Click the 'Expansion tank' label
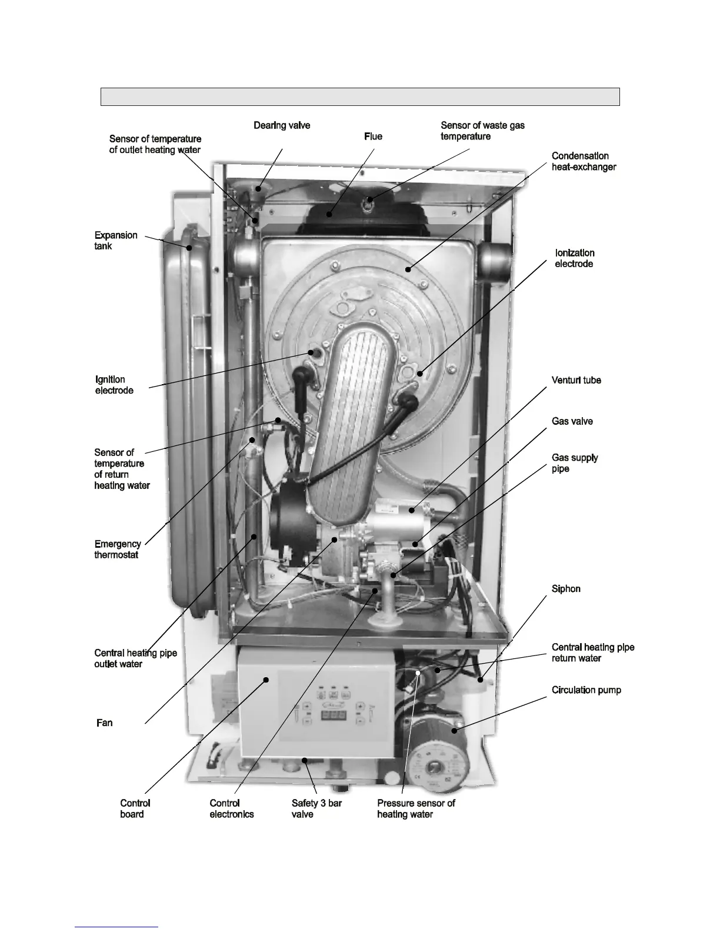pyautogui.click(x=116, y=241)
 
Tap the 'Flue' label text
pyautogui.click(x=373, y=137)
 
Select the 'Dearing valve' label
pyautogui.click(x=282, y=125)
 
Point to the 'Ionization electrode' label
pyautogui.click(x=574, y=258)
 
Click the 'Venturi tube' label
pyautogui.click(x=576, y=380)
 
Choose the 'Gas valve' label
pyautogui.click(x=572, y=421)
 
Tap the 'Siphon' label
pyautogui.click(x=566, y=589)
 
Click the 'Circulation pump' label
pyautogui.click(x=586, y=690)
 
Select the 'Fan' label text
pyautogui.click(x=104, y=723)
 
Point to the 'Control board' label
pyautogui.click(x=135, y=808)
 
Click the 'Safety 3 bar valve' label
pyautogui.click(x=316, y=808)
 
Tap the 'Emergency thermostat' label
pyautogui.click(x=117, y=549)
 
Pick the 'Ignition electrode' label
pyautogui.click(x=114, y=385)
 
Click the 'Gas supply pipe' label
pyautogui.click(x=574, y=463)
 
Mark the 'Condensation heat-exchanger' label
pyautogui.click(x=584, y=161)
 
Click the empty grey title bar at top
pyautogui.click(x=360, y=96)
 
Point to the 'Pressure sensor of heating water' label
pyautogui.click(x=416, y=808)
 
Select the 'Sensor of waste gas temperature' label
pyautogui.click(x=482, y=131)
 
